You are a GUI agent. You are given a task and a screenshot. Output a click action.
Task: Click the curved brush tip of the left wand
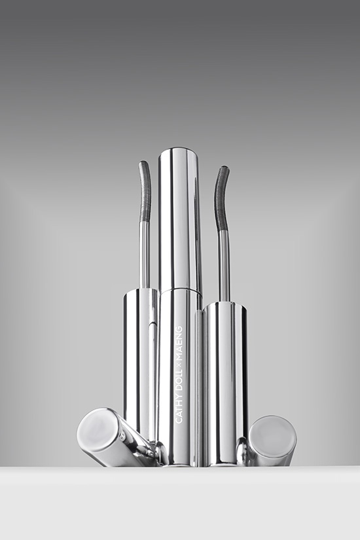[x=143, y=192]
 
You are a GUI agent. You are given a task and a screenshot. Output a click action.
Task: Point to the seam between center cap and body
[x=180, y=292]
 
